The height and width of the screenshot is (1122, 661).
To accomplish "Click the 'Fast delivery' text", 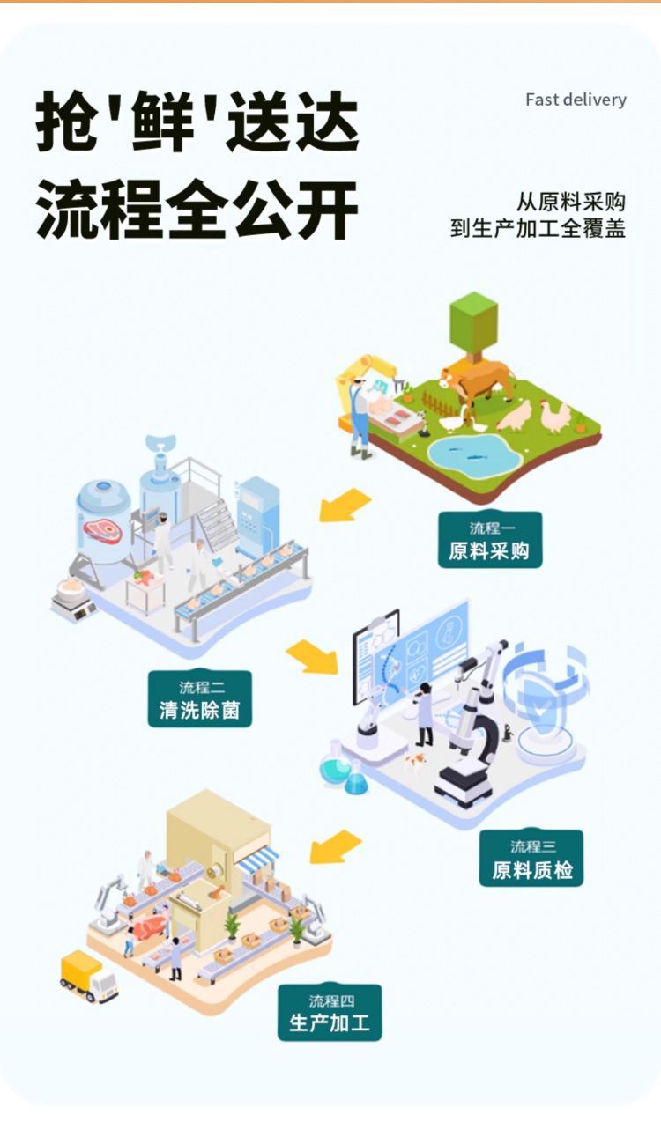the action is click(576, 100).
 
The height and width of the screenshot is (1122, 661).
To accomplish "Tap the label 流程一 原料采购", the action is click(489, 540).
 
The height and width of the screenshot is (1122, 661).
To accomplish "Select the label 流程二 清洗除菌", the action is click(199, 698).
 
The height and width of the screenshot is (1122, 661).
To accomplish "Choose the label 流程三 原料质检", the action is click(531, 859).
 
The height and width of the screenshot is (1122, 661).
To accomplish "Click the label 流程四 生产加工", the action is click(330, 1012).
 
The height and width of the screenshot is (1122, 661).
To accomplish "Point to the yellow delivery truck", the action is click(88, 976).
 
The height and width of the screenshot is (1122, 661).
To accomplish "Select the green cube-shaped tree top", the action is click(473, 322).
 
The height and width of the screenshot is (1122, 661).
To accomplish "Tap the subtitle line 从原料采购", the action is click(570, 202).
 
